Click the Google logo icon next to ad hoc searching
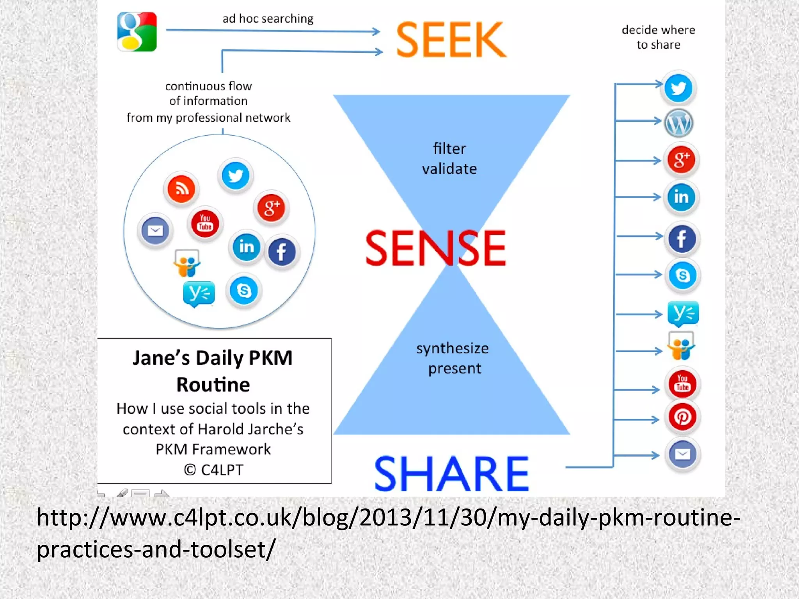(x=137, y=32)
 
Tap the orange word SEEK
(x=451, y=39)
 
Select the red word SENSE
(x=435, y=248)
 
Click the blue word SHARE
(x=451, y=474)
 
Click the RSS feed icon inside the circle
(x=181, y=189)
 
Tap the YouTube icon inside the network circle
(x=205, y=223)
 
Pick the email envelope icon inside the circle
(x=155, y=230)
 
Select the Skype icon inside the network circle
(x=244, y=291)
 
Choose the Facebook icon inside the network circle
(x=281, y=252)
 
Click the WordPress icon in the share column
(x=679, y=123)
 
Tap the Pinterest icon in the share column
(x=682, y=417)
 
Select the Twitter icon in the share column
(x=678, y=88)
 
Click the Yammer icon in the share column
(x=683, y=313)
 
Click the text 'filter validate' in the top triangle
(x=449, y=159)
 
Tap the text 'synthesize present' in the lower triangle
(x=453, y=358)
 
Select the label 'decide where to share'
(x=658, y=37)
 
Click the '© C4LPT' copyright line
(x=213, y=470)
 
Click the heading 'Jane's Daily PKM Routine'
(x=213, y=371)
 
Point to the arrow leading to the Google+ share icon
(x=638, y=160)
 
